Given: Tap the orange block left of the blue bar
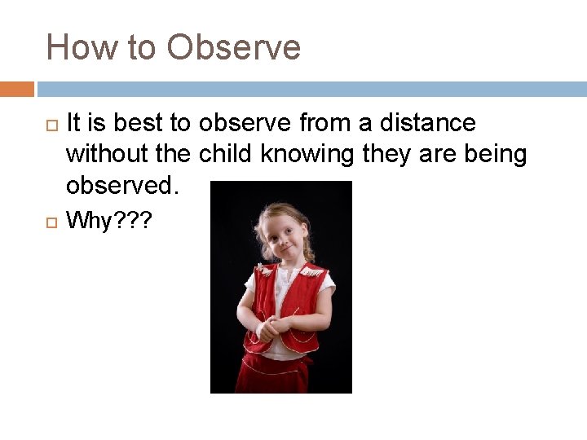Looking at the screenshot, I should (x=16, y=89).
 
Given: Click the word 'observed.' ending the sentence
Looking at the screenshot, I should (x=121, y=185).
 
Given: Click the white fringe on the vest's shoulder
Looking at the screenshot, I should (x=316, y=271).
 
